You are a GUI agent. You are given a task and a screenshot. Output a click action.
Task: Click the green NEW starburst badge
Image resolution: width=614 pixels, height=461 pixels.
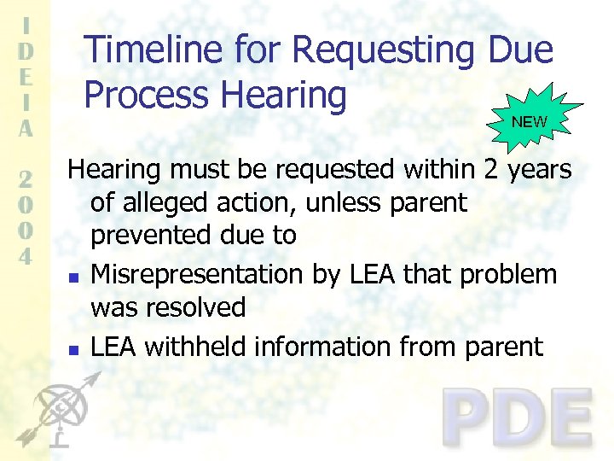coord(529,120)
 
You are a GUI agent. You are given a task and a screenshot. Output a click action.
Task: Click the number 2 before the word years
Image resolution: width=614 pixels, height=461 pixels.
coord(491,170)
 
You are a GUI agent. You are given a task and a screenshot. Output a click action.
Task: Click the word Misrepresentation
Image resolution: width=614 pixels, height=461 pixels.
coord(194,274)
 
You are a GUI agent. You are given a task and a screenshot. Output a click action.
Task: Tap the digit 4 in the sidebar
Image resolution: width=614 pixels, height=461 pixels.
coord(26,256)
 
